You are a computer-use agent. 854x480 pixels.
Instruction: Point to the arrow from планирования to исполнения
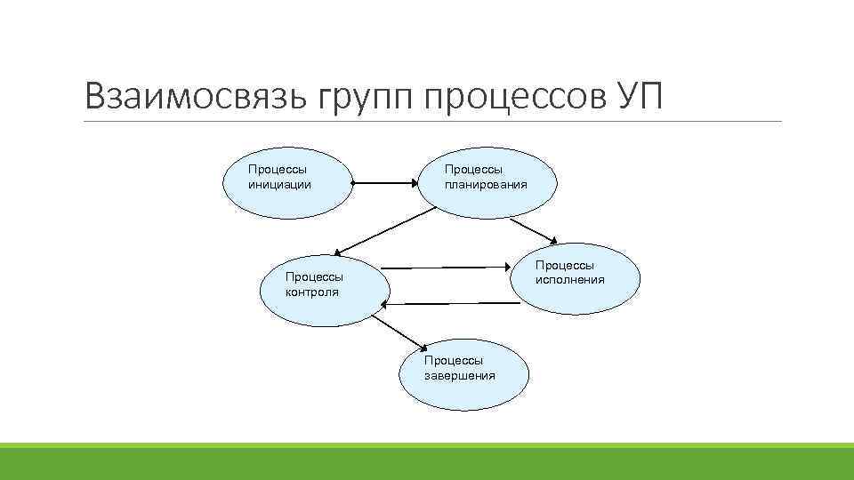pyautogui.click(x=498, y=226)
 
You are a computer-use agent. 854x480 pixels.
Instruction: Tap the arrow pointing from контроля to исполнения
pyautogui.click(x=449, y=266)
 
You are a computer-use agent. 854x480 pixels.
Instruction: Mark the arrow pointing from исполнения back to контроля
pyautogui.click(x=449, y=304)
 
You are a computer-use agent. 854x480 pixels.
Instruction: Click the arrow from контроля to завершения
pyautogui.click(x=398, y=332)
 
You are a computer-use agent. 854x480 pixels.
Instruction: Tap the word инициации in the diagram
pyautogui.click(x=279, y=185)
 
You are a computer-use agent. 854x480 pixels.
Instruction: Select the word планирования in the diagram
pyautogui.click(x=486, y=185)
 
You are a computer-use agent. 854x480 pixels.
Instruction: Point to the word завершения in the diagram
pyautogui.click(x=460, y=375)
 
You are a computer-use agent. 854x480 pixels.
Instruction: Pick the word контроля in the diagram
pyautogui.click(x=311, y=292)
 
